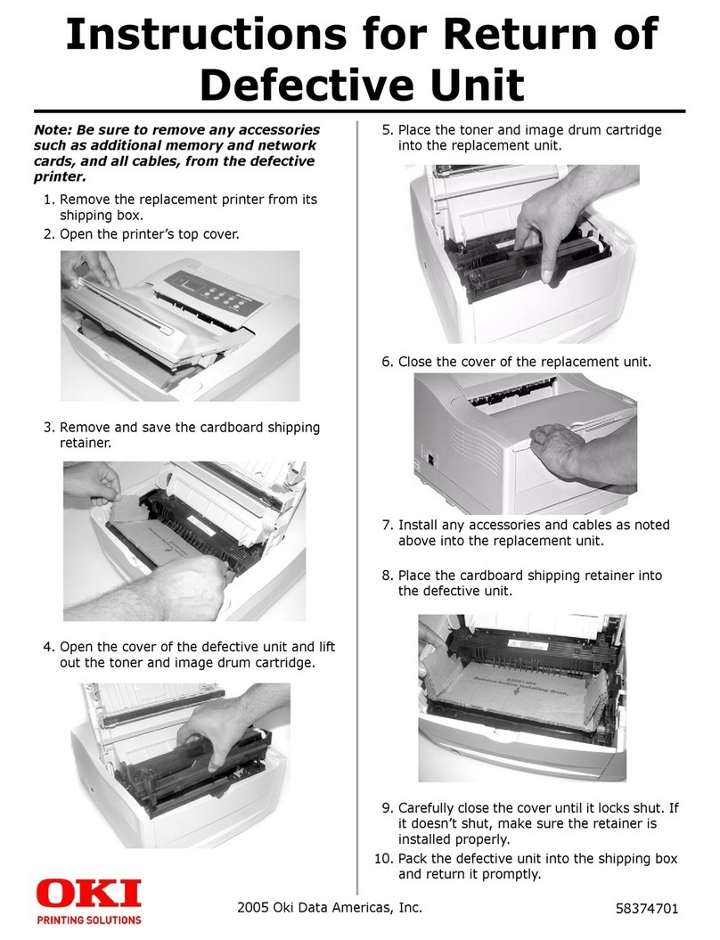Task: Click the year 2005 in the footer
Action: coord(258,909)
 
